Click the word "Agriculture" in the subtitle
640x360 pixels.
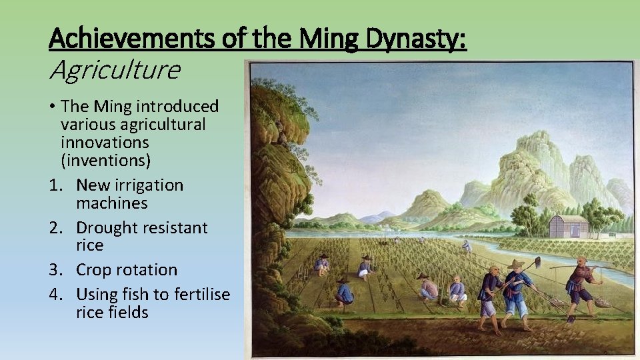[115, 69]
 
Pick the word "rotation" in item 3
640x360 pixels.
[147, 270]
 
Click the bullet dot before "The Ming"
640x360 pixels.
[51, 107]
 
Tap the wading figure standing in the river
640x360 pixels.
[467, 245]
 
